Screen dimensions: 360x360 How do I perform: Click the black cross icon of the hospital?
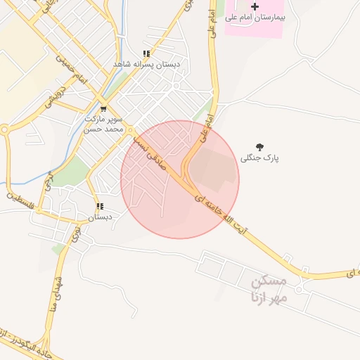tap(255, 6)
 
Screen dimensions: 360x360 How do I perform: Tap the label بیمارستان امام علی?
tap(256, 17)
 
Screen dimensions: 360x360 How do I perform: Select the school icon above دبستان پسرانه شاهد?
tap(146, 53)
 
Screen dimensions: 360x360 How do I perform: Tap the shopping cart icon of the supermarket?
tap(103, 109)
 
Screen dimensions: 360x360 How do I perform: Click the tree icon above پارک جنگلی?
tap(260, 148)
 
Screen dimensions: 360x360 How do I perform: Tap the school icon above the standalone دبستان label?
tap(100, 207)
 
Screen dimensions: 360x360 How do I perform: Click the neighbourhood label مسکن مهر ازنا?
tap(267, 288)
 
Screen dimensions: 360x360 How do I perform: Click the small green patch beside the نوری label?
tap(58, 249)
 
